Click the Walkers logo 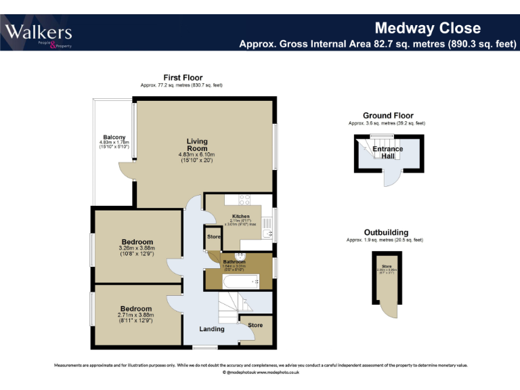[x=39, y=33]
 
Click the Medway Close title [x=427, y=28]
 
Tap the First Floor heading [x=182, y=78]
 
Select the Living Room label [x=197, y=145]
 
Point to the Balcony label [x=114, y=137]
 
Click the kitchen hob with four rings [x=244, y=200]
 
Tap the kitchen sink [x=268, y=233]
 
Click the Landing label [x=211, y=329]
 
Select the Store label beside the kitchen [x=214, y=237]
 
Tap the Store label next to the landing [x=255, y=325]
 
